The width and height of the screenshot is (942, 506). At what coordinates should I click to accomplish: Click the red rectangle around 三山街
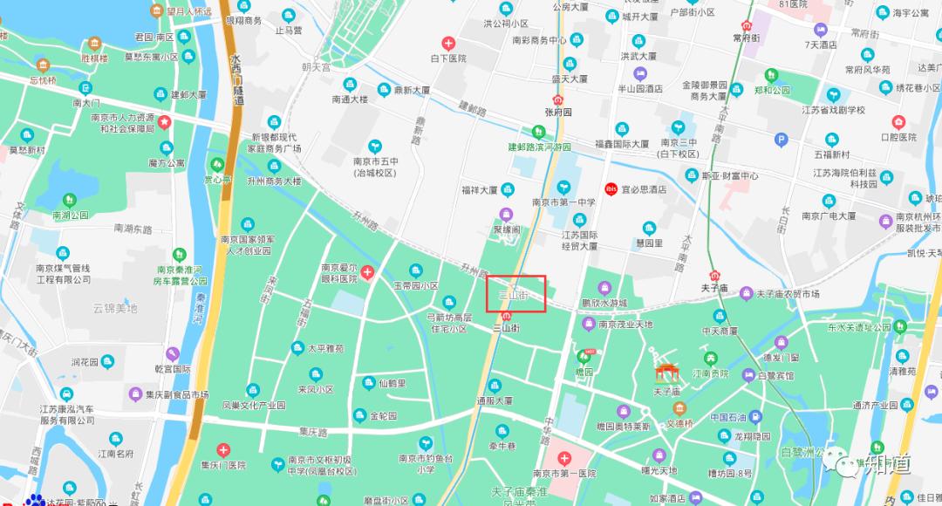[x=516, y=294]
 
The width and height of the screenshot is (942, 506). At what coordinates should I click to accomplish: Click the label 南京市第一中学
[x=563, y=202]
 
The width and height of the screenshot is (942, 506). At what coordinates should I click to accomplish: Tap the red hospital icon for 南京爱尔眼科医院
[x=367, y=274]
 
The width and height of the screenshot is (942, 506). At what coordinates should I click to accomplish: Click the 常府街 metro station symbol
[x=747, y=26]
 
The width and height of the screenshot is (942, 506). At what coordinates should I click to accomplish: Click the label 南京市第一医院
[x=563, y=473]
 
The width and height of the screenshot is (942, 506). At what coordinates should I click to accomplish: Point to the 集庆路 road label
[x=313, y=431]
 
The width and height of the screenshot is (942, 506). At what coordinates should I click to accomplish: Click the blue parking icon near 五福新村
[x=782, y=139]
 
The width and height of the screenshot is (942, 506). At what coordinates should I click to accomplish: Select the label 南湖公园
[x=71, y=215]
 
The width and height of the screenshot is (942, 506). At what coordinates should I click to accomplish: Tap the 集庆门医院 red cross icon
[x=224, y=450]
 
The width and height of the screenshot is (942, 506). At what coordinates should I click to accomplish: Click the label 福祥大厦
[x=480, y=189]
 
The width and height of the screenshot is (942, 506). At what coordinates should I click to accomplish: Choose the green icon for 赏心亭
[x=215, y=164]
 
